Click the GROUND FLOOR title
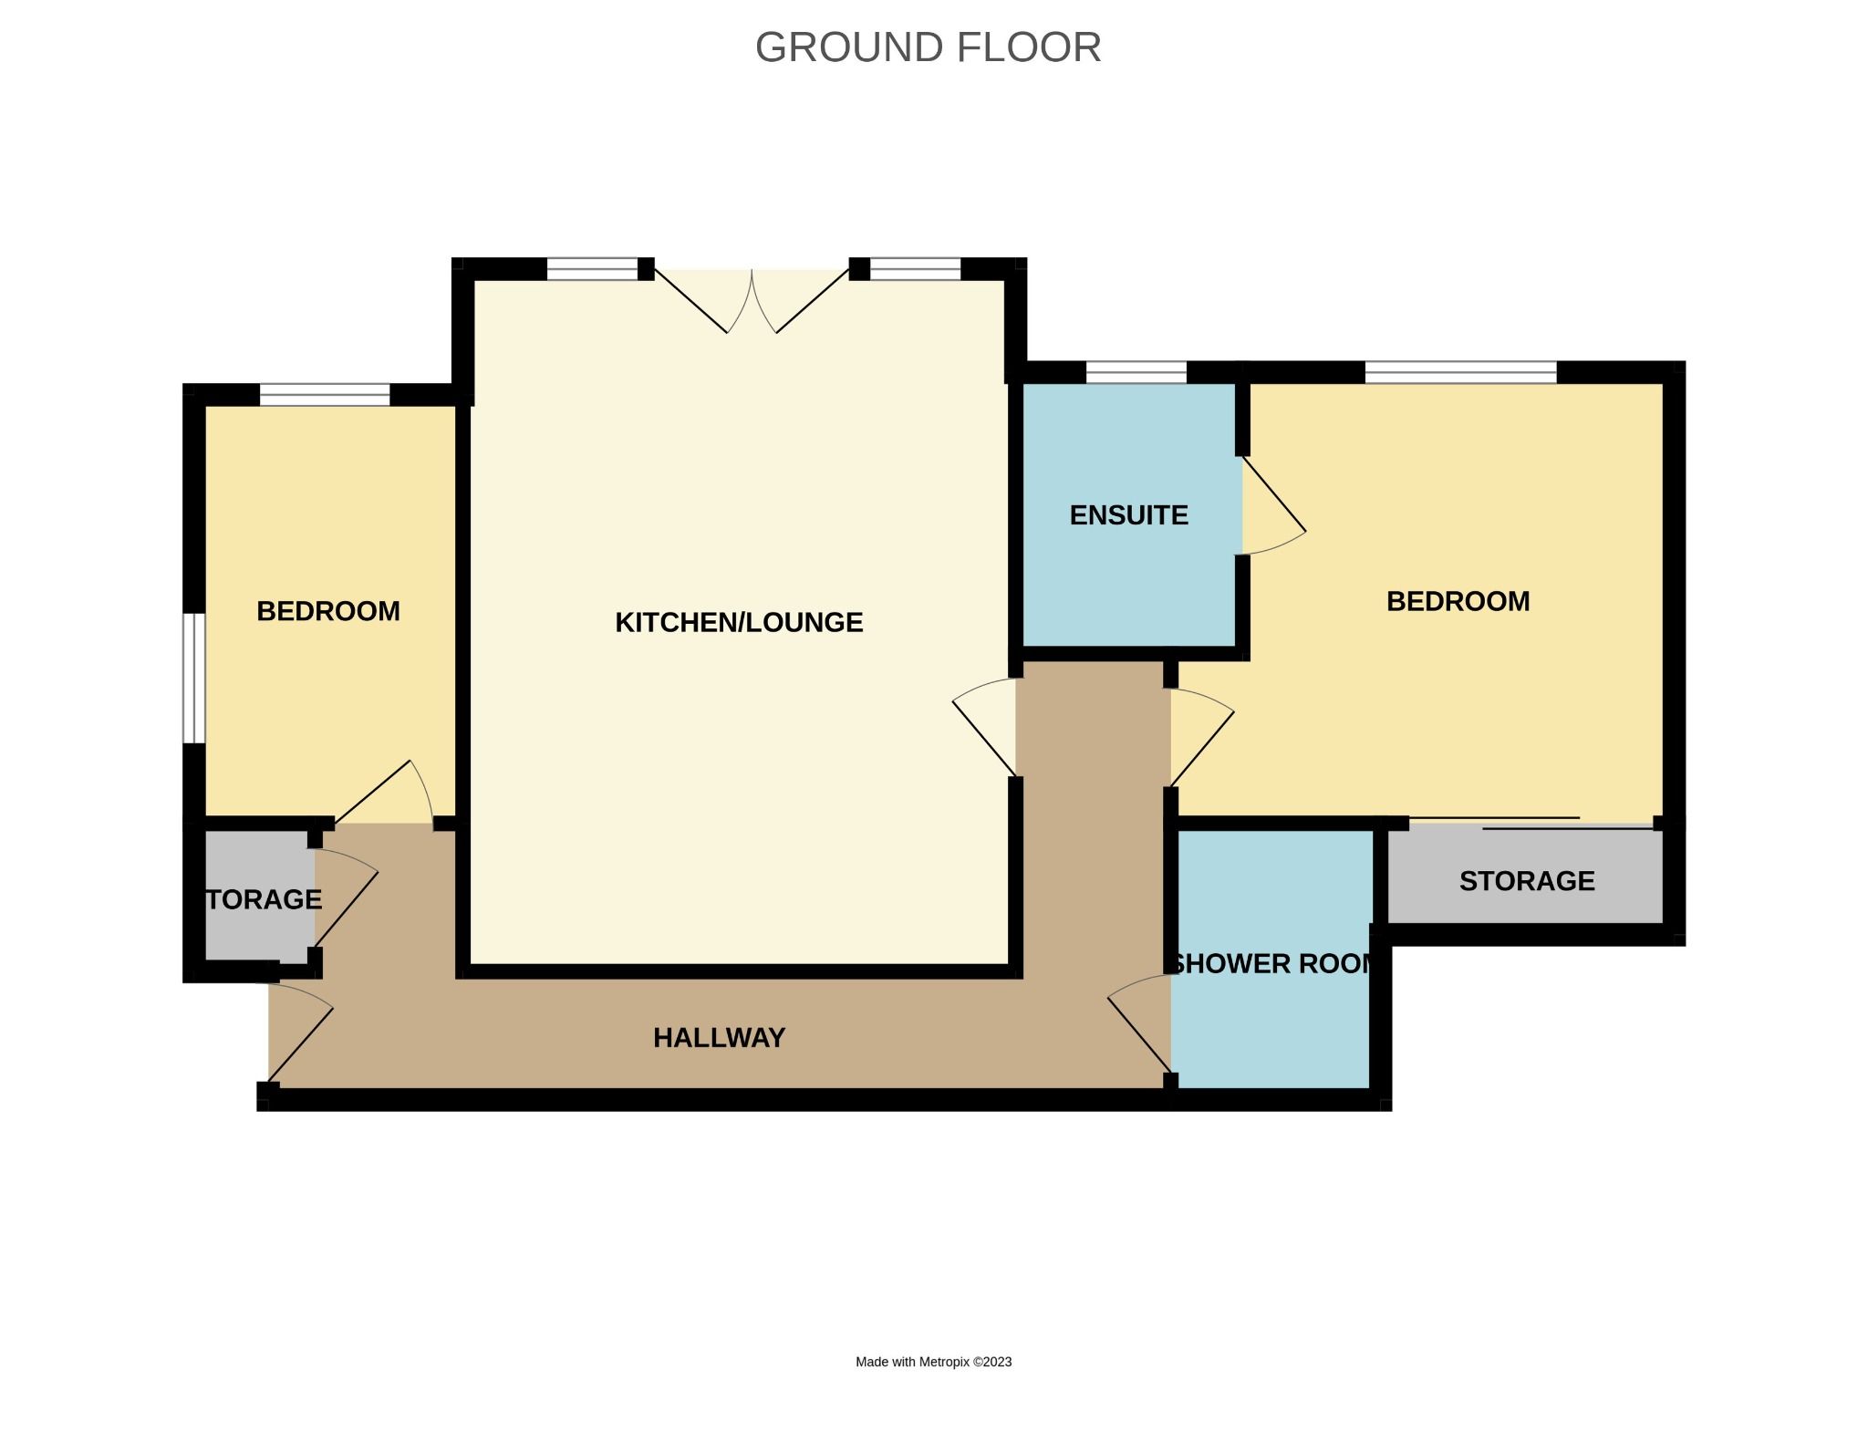[928, 47]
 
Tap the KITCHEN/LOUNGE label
[739, 622]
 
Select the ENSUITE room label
[1128, 515]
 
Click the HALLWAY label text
[719, 1038]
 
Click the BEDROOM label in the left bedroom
[328, 611]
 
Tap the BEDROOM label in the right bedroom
[1458, 601]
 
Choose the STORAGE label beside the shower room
[1526, 881]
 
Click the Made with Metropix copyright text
[933, 1362]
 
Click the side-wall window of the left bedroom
[192, 678]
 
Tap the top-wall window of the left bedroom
[325, 395]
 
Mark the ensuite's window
[1136, 372]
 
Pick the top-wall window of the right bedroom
[1459, 372]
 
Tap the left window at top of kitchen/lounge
[592, 269]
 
